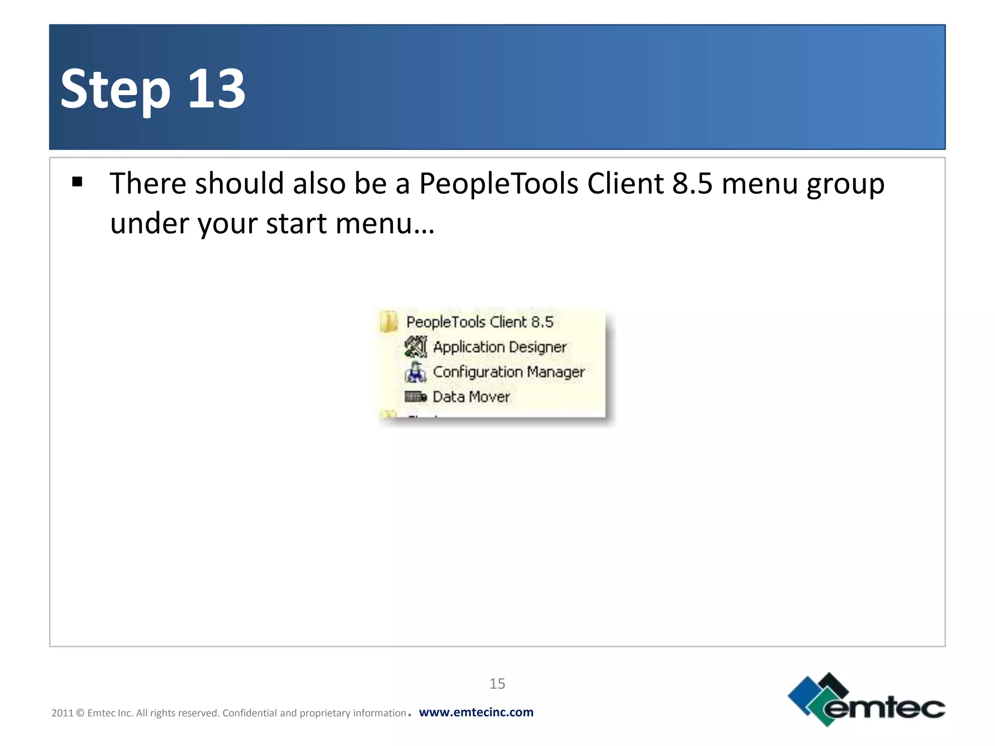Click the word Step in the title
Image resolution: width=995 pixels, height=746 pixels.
116,90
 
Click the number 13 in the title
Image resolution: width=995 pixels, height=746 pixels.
217,89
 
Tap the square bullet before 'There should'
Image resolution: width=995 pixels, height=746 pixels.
77,182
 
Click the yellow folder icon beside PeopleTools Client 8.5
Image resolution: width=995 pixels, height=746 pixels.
389,322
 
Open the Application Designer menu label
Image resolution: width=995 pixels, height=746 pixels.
499,347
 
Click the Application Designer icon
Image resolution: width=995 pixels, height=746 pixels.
416,347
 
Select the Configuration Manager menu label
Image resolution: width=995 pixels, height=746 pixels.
509,372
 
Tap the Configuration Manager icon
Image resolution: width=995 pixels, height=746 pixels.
416,372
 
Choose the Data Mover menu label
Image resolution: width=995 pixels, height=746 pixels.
471,397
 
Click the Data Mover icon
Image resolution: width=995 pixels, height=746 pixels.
416,397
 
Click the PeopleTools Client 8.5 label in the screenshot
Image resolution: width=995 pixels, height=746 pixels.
480,322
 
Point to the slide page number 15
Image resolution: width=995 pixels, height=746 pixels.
497,683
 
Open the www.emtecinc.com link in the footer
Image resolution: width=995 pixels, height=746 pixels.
476,712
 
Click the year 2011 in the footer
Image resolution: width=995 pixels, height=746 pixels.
62,713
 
